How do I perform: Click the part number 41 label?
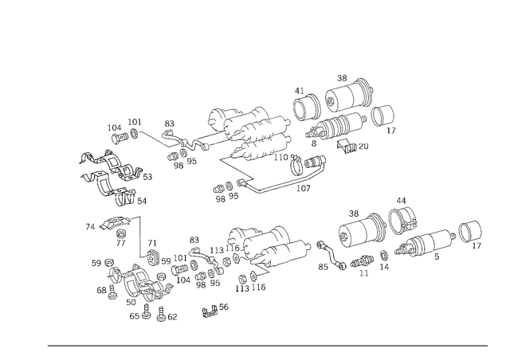click(x=299, y=91)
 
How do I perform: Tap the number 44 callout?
click(x=401, y=201)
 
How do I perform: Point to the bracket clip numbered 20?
click(x=347, y=146)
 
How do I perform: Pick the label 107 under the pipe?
click(x=303, y=188)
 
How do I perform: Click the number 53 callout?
click(x=147, y=177)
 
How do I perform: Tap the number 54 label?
click(x=142, y=202)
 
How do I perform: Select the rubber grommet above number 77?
click(x=121, y=233)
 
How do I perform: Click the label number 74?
click(x=90, y=227)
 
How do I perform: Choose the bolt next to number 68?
click(x=112, y=292)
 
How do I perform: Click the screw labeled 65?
click(x=147, y=311)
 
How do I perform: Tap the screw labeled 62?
click(x=161, y=314)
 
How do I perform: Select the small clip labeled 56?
click(x=210, y=312)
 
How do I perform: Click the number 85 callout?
click(x=323, y=267)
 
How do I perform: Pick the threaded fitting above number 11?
click(x=362, y=261)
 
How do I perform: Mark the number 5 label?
click(x=437, y=256)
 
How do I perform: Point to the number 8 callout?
click(x=313, y=143)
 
